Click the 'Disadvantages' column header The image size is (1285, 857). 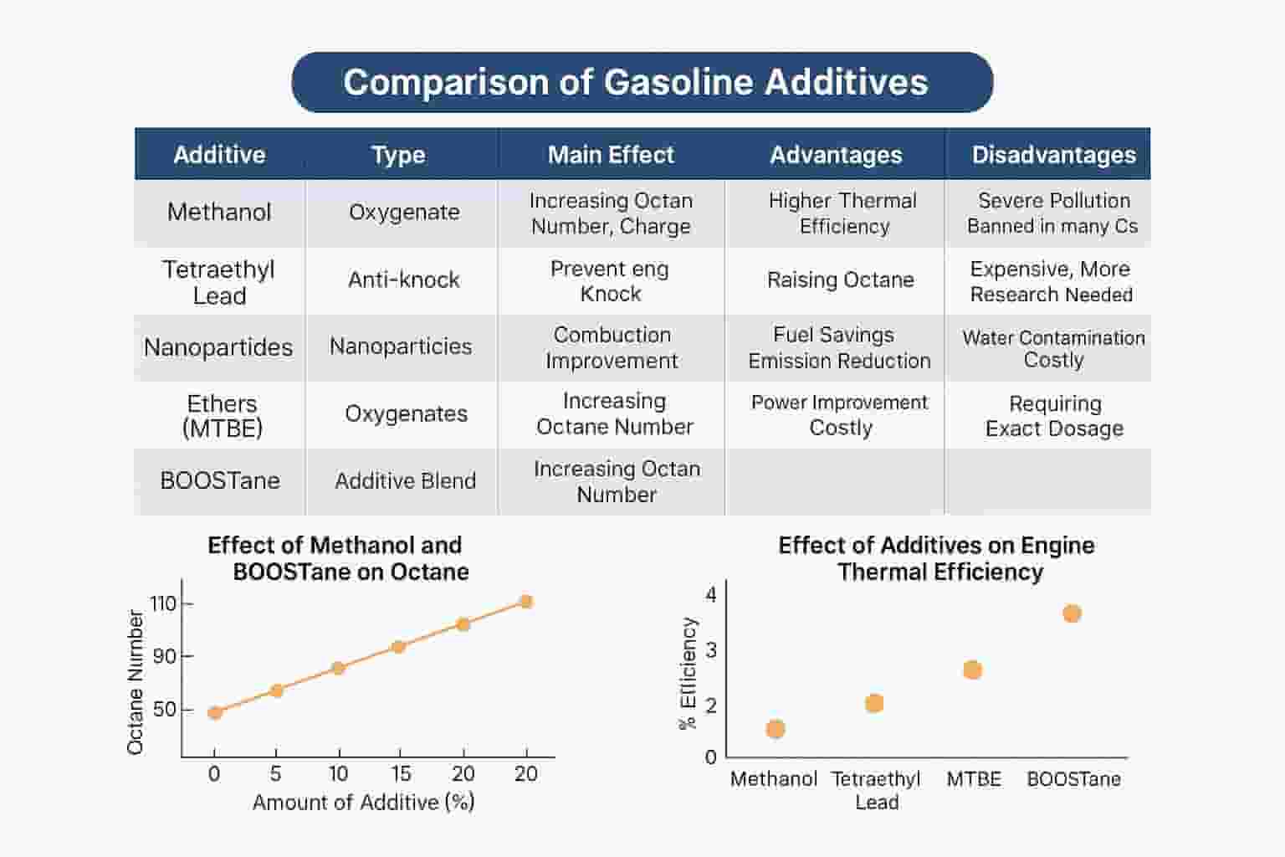click(1053, 155)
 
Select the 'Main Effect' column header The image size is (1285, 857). click(611, 155)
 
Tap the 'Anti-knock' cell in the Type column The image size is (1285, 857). click(403, 280)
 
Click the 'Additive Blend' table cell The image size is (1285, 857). click(405, 481)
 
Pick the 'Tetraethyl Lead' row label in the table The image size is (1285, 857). click(218, 282)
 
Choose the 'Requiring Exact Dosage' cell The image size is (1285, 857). click(1054, 416)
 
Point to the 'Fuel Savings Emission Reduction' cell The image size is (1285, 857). click(839, 347)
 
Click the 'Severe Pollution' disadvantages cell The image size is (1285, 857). click(1052, 213)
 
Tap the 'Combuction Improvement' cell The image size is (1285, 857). click(612, 347)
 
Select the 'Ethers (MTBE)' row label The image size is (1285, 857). click(222, 416)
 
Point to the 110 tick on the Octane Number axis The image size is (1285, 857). click(163, 603)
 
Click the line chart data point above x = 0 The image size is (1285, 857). click(215, 713)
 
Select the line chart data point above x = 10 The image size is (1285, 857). click(338, 668)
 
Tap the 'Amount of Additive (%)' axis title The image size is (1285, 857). click(363, 802)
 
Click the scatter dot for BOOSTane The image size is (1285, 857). click(1072, 613)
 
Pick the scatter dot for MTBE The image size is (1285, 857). click(972, 670)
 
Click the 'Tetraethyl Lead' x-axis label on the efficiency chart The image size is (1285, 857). click(876, 790)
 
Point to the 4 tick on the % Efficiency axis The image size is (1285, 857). click(711, 595)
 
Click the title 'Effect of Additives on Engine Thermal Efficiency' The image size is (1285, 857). click(937, 558)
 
